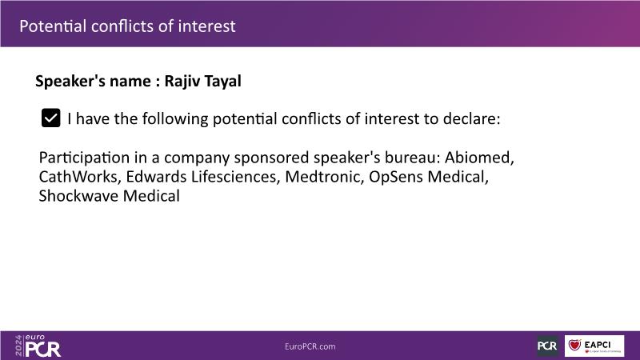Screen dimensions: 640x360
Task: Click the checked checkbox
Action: [50, 118]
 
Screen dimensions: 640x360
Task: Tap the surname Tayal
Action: [222, 82]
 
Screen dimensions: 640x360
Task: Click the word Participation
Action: [85, 158]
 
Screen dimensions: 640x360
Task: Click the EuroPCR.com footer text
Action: [310, 346]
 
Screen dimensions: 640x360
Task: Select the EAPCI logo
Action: [594, 346]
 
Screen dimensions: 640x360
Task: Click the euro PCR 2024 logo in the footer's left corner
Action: [38, 346]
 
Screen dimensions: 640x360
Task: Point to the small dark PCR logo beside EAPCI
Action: [547, 346]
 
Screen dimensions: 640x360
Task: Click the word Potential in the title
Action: [53, 26]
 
